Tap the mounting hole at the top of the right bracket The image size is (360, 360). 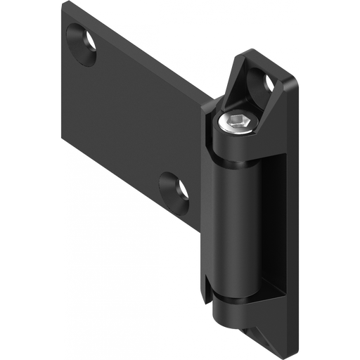(271, 83)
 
